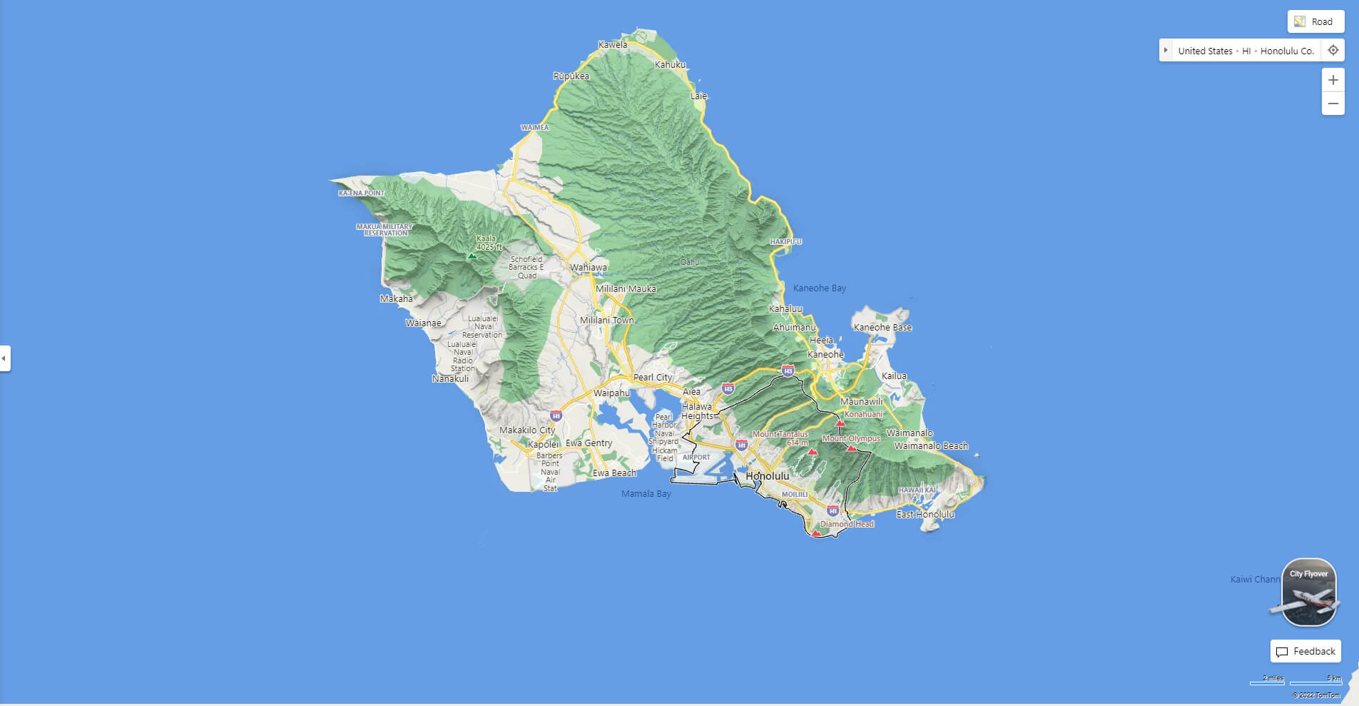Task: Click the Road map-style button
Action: click(x=1315, y=21)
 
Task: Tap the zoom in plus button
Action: click(x=1333, y=80)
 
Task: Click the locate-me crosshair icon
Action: click(x=1333, y=51)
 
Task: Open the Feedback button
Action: click(x=1305, y=651)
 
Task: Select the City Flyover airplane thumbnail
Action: click(x=1308, y=592)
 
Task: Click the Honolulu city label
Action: click(x=767, y=475)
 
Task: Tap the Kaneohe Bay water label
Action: click(x=819, y=288)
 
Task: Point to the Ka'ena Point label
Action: click(x=361, y=193)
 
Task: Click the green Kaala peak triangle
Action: click(x=471, y=255)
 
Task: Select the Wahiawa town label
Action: click(x=588, y=268)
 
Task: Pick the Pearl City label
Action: click(x=653, y=377)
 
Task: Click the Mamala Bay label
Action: click(x=646, y=493)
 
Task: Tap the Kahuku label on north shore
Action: click(x=670, y=64)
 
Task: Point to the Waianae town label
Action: click(x=423, y=323)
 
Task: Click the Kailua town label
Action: click(x=894, y=375)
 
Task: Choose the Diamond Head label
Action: click(x=847, y=524)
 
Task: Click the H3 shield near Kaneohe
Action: click(x=788, y=370)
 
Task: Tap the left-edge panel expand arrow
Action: click(x=4, y=358)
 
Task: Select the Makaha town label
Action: click(x=396, y=298)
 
